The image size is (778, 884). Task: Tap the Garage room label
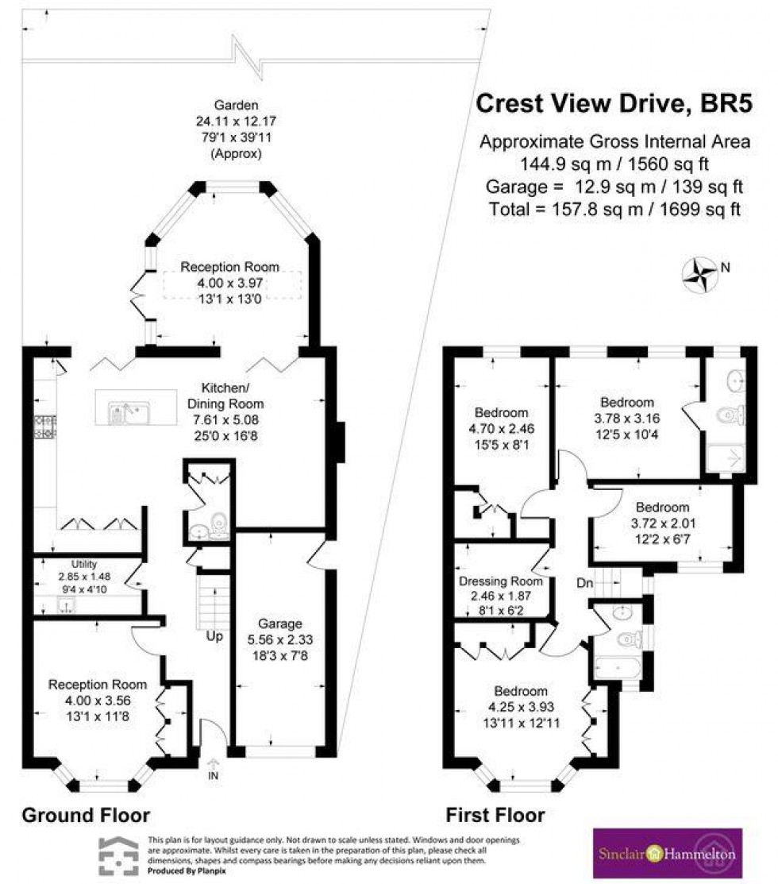(284, 623)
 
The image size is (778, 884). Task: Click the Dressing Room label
(495, 581)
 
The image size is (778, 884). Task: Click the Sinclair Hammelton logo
(668, 854)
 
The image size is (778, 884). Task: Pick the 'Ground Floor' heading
(85, 815)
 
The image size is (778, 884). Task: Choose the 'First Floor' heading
(495, 815)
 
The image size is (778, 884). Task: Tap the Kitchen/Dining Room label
(229, 388)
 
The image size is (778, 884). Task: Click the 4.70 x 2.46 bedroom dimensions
(501, 428)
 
